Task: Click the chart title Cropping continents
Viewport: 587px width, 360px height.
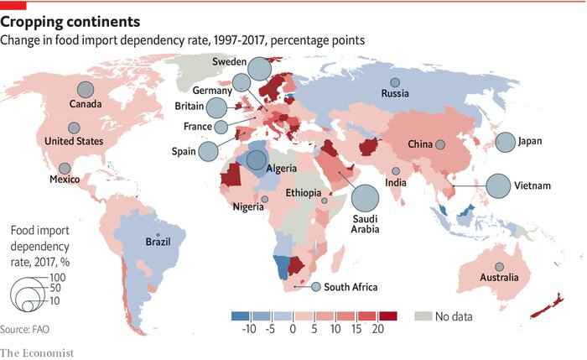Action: tap(70, 22)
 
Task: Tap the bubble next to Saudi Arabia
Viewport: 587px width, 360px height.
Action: tap(365, 198)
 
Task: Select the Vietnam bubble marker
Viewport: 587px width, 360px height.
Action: tap(498, 185)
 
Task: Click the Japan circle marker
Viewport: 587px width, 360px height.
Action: tap(506, 143)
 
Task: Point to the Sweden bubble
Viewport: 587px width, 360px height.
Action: tap(259, 69)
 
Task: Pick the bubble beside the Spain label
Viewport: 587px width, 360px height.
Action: tap(208, 152)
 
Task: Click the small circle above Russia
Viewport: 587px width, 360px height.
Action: tap(395, 82)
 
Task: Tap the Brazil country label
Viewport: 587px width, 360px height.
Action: tap(158, 242)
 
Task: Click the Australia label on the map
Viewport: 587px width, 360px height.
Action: tap(499, 277)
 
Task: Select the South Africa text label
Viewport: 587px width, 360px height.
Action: tap(351, 287)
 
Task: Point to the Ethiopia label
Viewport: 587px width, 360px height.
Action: tap(304, 193)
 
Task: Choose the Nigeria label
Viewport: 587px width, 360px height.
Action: tap(248, 206)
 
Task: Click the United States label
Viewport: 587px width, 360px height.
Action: tap(74, 141)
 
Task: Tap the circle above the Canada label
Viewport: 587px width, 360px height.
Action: tap(86, 90)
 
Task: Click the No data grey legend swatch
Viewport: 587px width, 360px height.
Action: tap(423, 316)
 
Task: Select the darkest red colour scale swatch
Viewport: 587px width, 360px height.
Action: tap(387, 316)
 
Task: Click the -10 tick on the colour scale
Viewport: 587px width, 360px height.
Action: tap(249, 329)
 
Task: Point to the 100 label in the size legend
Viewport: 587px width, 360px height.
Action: tap(58, 278)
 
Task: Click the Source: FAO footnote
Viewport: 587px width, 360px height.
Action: tap(24, 329)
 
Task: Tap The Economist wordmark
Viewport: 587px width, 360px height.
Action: tap(37, 353)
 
